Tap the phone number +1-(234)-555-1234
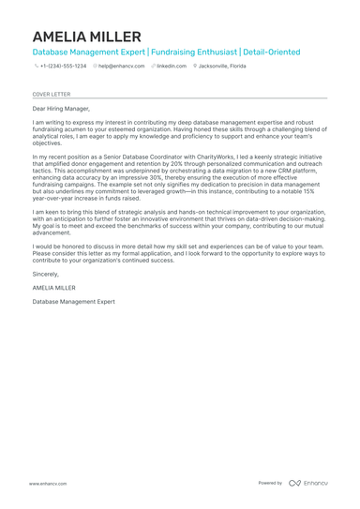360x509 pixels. (x=63, y=67)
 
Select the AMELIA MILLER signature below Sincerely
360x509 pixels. (x=54, y=288)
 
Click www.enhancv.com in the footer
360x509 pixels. (x=46, y=483)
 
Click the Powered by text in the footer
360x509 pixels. (x=270, y=483)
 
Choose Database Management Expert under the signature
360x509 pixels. (x=74, y=302)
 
